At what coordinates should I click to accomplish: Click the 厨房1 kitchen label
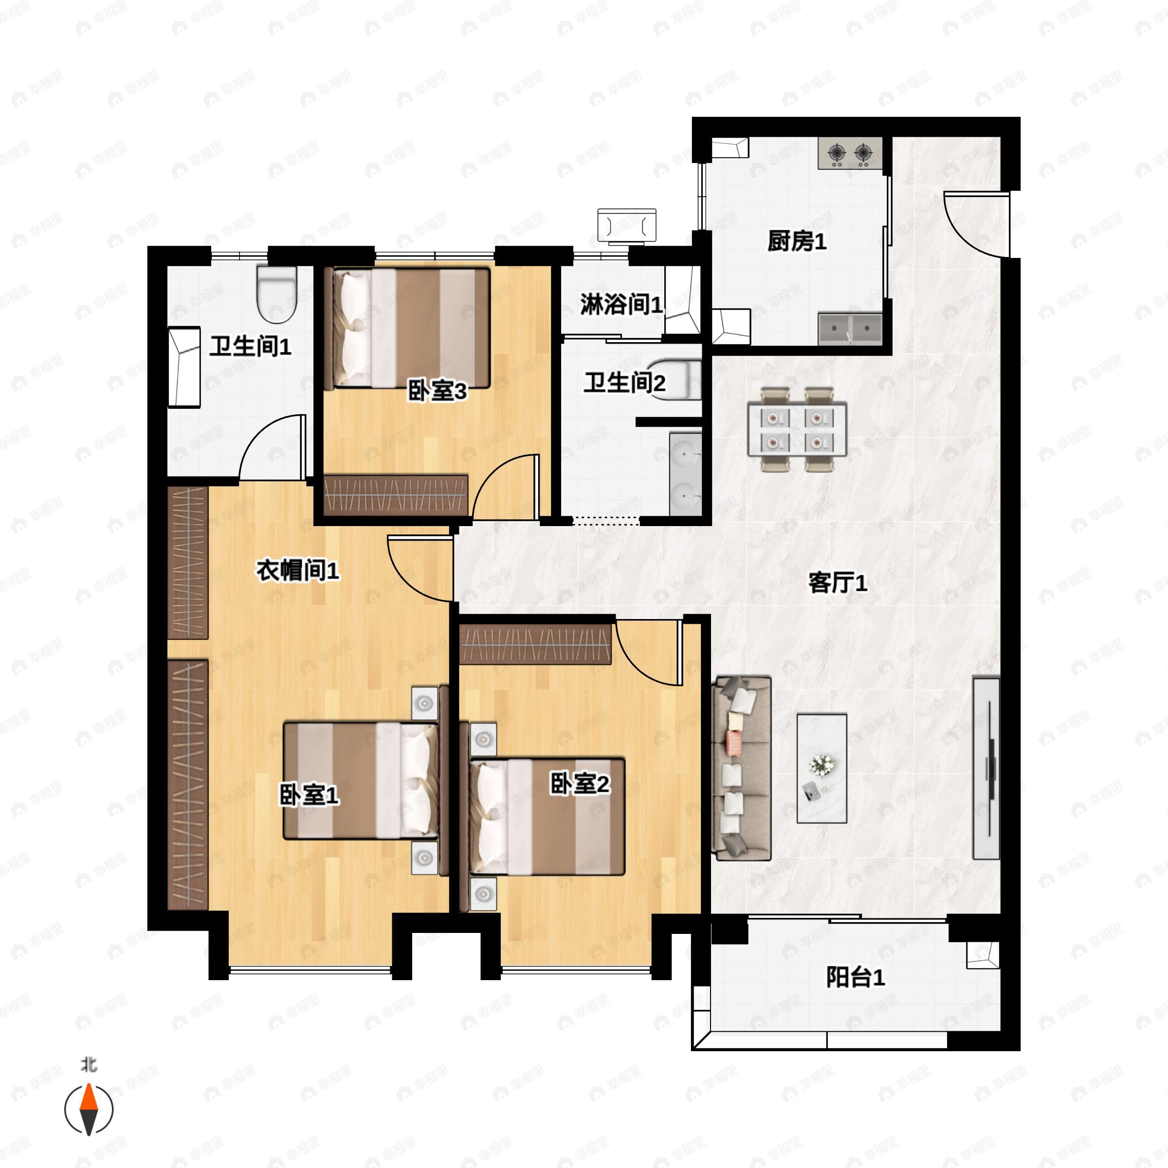pos(796,242)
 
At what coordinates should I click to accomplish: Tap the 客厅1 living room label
pos(837,583)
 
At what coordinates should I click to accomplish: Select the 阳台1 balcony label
pos(855,978)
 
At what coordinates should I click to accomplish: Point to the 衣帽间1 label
pos(297,570)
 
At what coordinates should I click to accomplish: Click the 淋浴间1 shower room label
pos(621,304)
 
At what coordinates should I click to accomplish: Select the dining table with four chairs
pos(796,429)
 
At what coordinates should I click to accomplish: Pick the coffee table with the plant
pos(821,768)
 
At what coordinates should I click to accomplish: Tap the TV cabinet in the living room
pos(985,768)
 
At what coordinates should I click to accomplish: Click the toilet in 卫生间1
pos(277,294)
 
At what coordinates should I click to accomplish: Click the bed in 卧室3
pos(406,328)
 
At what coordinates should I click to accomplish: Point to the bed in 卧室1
pos(362,780)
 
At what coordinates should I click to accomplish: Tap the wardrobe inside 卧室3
pos(396,494)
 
